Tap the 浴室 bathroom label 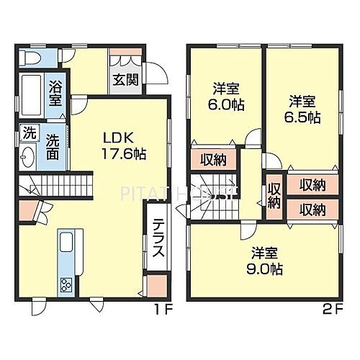pyautogui.click(x=55, y=94)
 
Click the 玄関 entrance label pyautogui.click(x=121, y=79)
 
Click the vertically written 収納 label pyautogui.click(x=274, y=195)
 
